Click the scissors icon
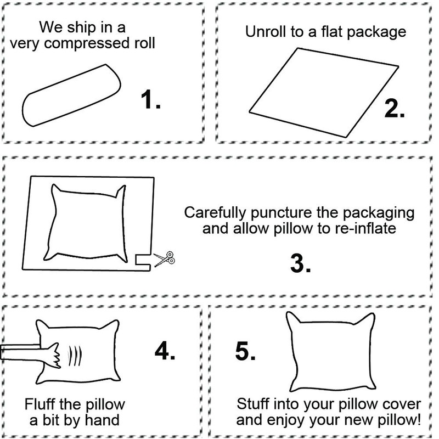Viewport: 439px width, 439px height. tap(163, 259)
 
